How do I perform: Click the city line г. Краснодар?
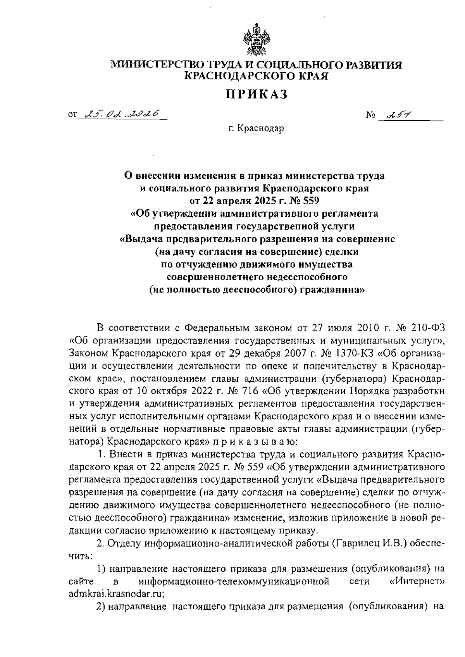click(x=256, y=128)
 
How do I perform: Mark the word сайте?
click(x=81, y=581)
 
